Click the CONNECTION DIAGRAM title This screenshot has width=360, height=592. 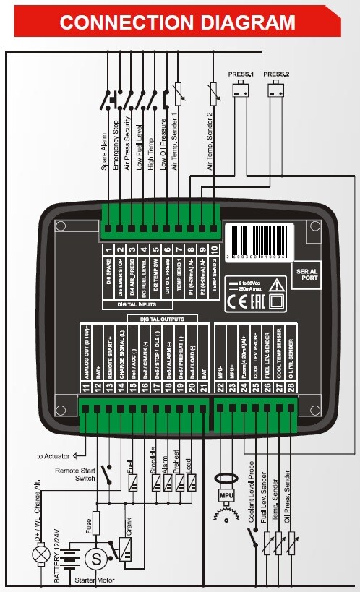point(178,22)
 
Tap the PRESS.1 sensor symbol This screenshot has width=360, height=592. point(240,91)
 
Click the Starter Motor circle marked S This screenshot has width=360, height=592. point(95,558)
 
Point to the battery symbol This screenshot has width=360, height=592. point(69,558)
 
